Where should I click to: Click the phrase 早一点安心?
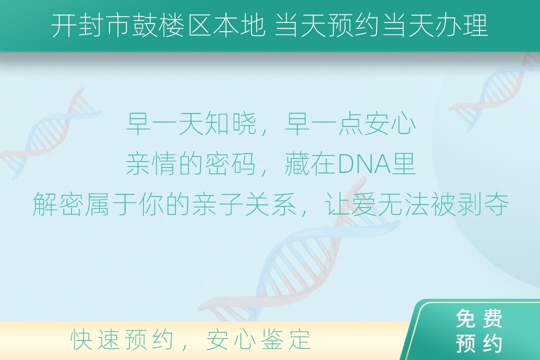pyautogui.click(x=350, y=124)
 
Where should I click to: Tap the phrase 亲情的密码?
pyautogui.click(x=191, y=164)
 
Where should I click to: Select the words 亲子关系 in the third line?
pyautogui.click(x=244, y=204)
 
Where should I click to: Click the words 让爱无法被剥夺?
pyautogui.click(x=416, y=204)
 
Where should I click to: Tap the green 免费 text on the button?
pyautogui.click(x=479, y=318)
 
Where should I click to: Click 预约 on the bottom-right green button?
pyautogui.click(x=479, y=343)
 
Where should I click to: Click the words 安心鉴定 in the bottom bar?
pyautogui.click(x=258, y=339)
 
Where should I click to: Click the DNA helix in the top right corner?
pyautogui.click(x=496, y=91)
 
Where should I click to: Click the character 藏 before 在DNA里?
pyautogui.click(x=297, y=164)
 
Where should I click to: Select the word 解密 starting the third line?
pyautogui.click(x=58, y=204)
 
